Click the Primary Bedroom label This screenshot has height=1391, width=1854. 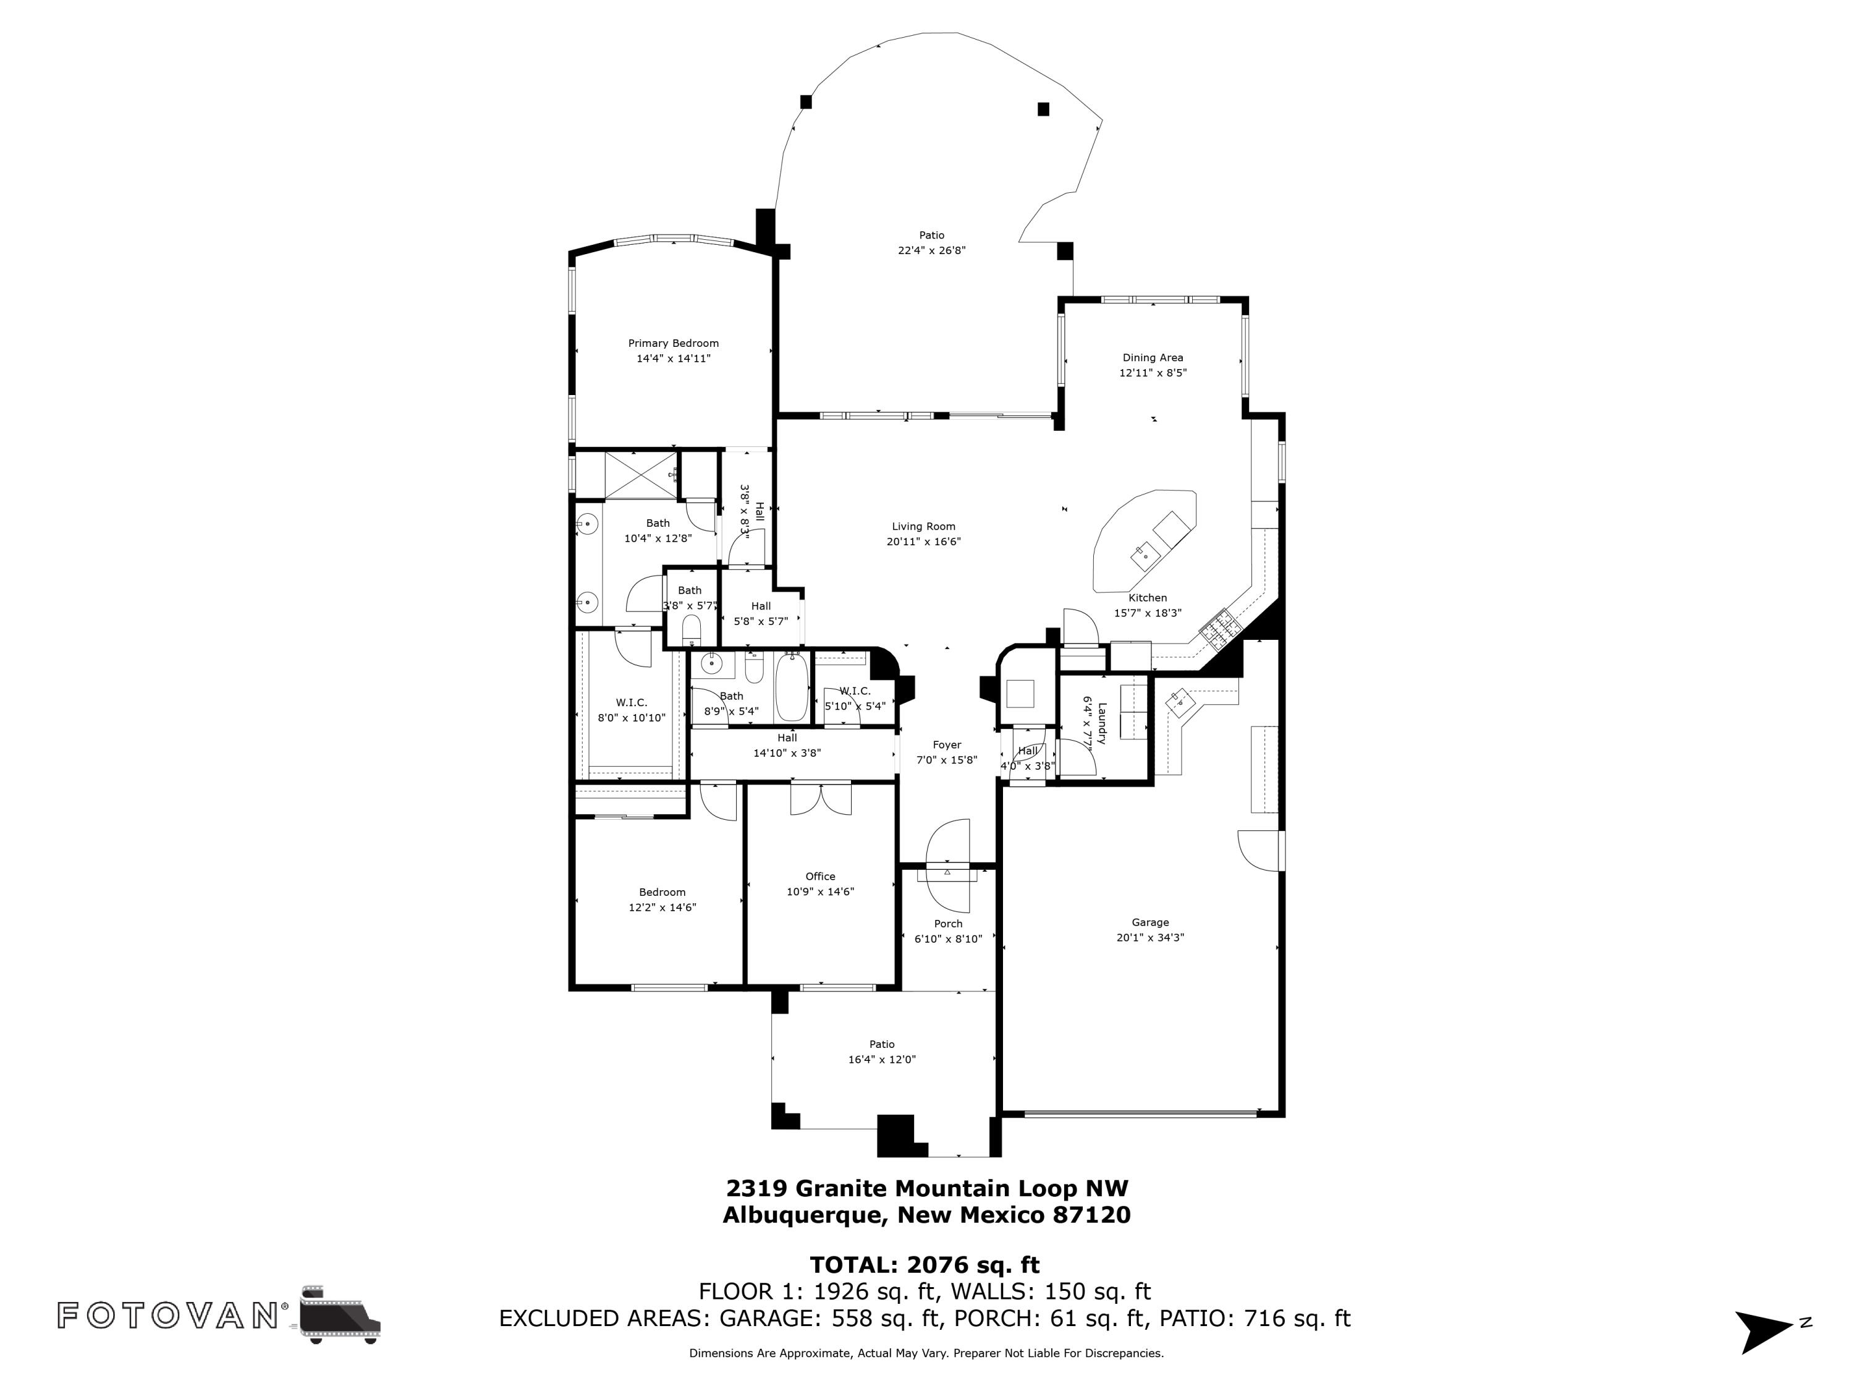point(673,343)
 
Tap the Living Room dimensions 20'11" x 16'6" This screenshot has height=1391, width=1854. point(924,542)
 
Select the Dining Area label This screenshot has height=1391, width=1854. point(1153,357)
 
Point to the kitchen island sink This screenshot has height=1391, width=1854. point(1144,554)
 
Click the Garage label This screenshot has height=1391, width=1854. point(1150,922)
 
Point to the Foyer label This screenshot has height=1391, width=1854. point(947,744)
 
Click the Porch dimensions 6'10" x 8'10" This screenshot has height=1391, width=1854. point(948,939)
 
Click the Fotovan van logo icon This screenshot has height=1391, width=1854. point(339,1314)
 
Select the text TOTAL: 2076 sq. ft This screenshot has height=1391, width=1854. point(925,1264)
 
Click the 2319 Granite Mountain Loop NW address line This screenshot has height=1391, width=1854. point(927,1188)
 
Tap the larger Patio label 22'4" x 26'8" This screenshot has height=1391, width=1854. point(931,242)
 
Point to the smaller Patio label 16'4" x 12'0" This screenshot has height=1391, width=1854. point(882,1052)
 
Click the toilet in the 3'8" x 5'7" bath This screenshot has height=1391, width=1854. point(692,628)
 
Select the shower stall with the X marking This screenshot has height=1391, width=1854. point(640,475)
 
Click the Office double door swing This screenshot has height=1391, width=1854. point(821,799)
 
